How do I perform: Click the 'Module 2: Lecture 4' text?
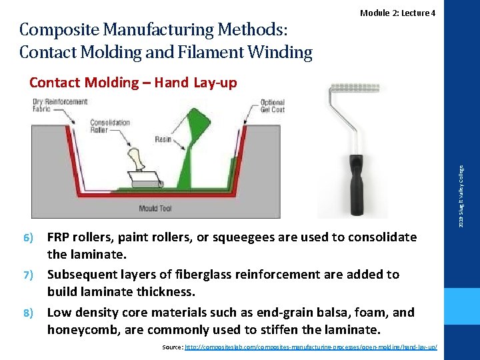[x=397, y=13]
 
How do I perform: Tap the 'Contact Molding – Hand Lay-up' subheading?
[x=133, y=83]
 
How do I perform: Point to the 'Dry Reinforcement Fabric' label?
[x=60, y=105]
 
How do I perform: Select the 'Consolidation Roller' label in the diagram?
[x=109, y=126]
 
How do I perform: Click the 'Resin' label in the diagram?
[x=163, y=139]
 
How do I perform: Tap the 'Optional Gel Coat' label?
[x=272, y=106]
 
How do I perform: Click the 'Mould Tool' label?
[x=155, y=209]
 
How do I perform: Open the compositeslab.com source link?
[x=311, y=347]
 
